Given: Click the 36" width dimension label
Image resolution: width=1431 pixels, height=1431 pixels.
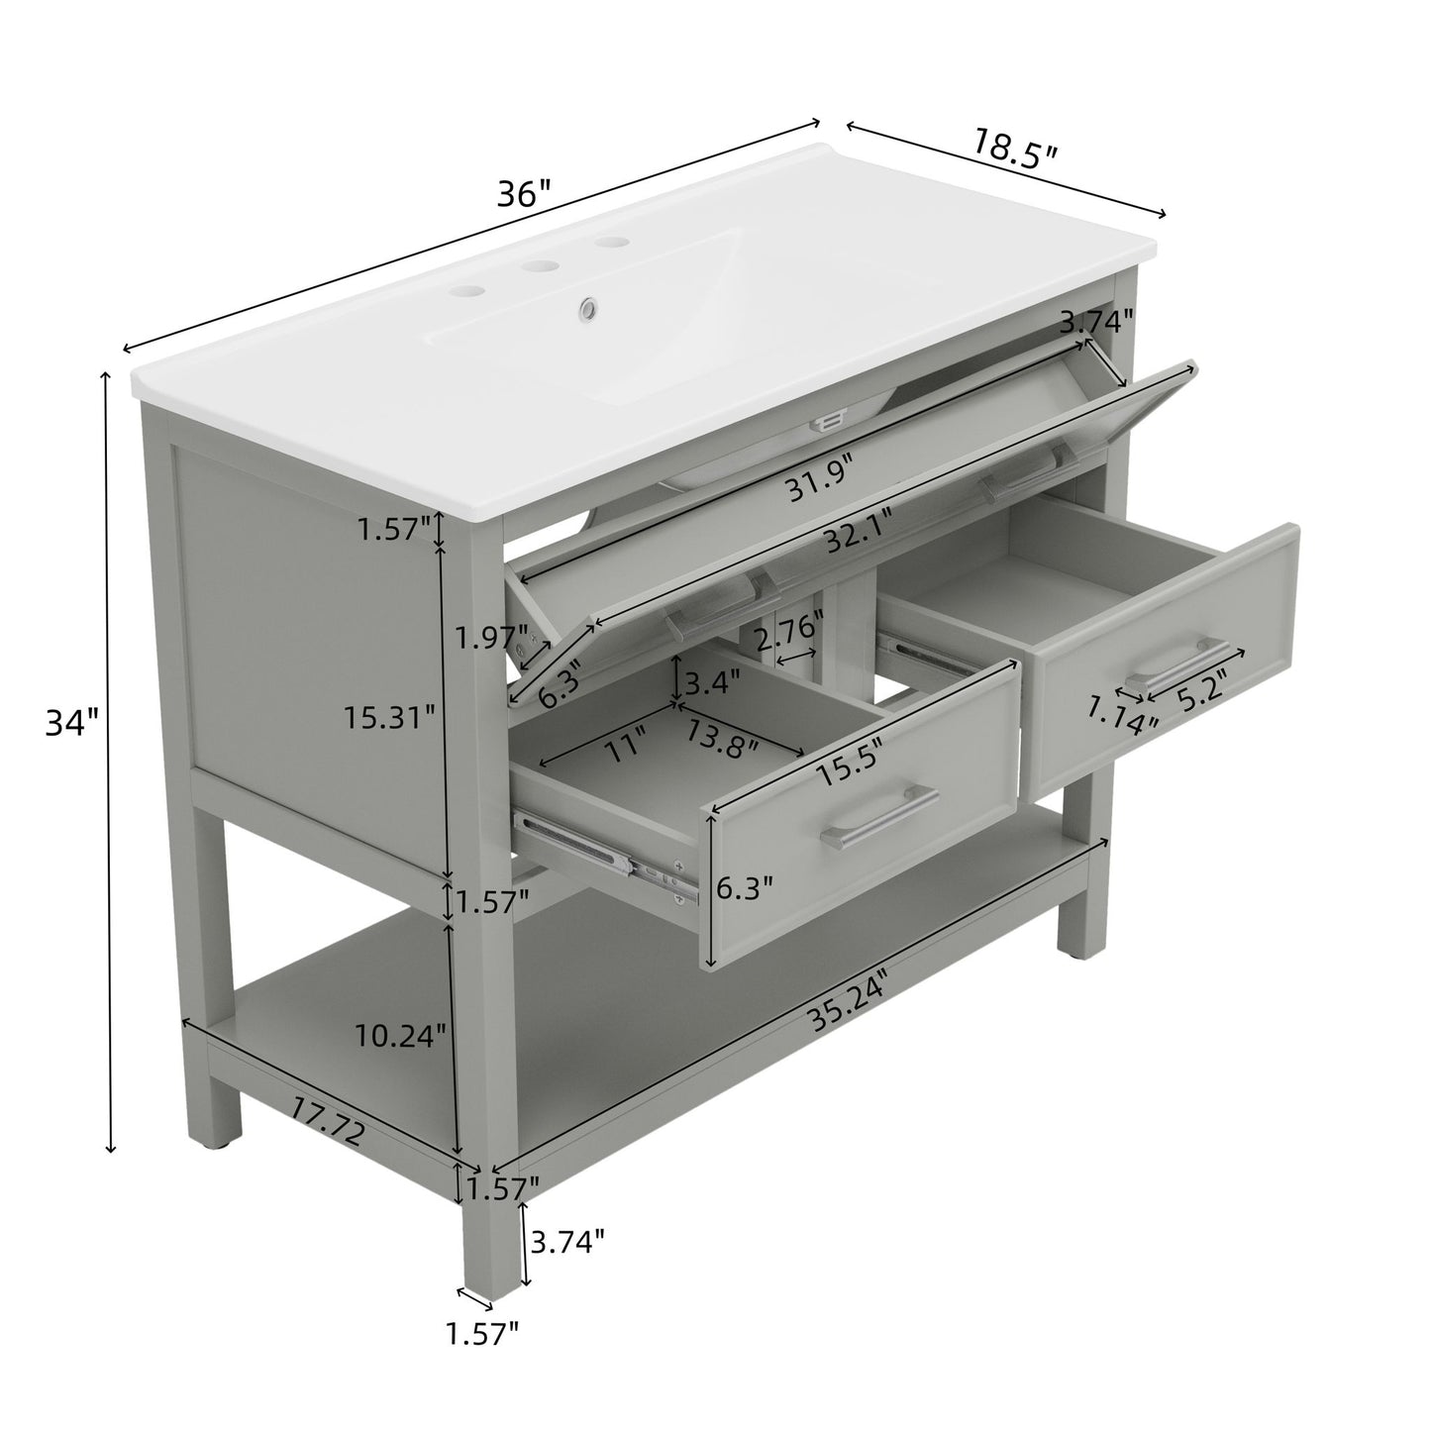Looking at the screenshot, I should [523, 193].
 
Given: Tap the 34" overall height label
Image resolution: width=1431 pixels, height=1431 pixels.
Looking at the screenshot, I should [71, 724].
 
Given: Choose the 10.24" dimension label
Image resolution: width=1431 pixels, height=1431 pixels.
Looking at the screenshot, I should [401, 1037].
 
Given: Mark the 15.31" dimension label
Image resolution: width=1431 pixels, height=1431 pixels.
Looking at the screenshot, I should [390, 715].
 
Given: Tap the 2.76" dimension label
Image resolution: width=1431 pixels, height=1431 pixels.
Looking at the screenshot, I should [789, 628].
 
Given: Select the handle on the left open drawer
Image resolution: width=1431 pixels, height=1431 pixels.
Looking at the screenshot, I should [879, 818].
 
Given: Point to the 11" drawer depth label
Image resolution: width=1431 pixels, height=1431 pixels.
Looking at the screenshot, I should [623, 743].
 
